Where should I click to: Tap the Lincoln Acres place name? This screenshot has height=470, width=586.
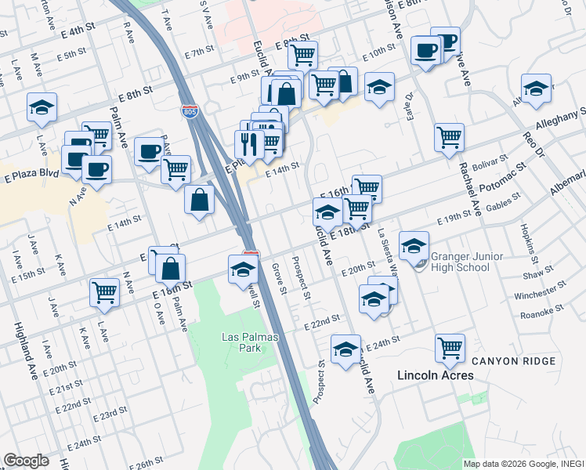click(435, 375)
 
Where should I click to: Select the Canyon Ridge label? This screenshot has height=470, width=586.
click(513, 361)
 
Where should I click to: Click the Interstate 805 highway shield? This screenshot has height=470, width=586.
click(189, 112)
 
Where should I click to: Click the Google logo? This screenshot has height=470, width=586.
click(26, 461)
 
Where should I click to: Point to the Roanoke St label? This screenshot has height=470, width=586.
click(544, 311)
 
